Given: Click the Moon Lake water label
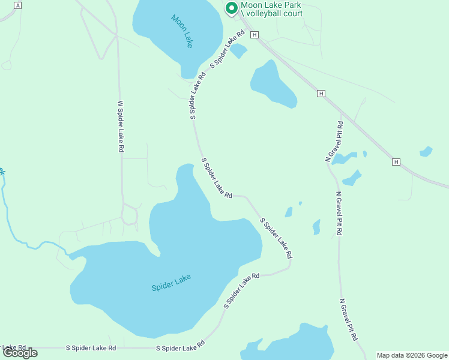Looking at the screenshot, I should coord(182,32).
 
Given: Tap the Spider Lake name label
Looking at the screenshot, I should coord(171,283).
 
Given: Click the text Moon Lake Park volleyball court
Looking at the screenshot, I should coord(271,9).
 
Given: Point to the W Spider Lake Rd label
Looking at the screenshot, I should coord(121,126).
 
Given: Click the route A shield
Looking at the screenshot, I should coord(17,5).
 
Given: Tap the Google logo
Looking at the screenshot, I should coord(20,353).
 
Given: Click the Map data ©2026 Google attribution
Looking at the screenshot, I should coord(412,355).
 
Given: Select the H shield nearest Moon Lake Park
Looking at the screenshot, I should coord(255,35).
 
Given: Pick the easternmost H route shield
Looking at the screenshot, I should coord(396,161).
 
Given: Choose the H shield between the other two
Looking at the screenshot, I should coord(321,94).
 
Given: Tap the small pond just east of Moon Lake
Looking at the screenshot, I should coord(238,50).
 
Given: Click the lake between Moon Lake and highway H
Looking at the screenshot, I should coord(272,85).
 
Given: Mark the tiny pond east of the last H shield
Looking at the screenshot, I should coord(426,151).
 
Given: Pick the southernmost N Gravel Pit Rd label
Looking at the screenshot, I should coord(348,319).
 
